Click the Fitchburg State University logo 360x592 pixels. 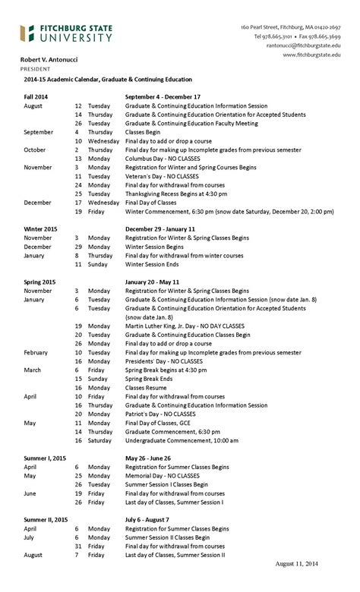[66, 33]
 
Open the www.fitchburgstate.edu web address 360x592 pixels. [311, 55]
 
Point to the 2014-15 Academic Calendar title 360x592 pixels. [106, 80]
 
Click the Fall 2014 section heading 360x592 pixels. [36, 97]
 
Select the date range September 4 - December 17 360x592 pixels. [163, 97]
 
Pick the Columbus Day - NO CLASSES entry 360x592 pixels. [160, 159]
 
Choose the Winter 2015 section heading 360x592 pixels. [40, 228]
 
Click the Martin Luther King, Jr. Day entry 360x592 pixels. [178, 326]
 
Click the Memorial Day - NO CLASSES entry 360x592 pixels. [160, 476]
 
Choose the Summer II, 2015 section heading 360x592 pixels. [45, 519]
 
